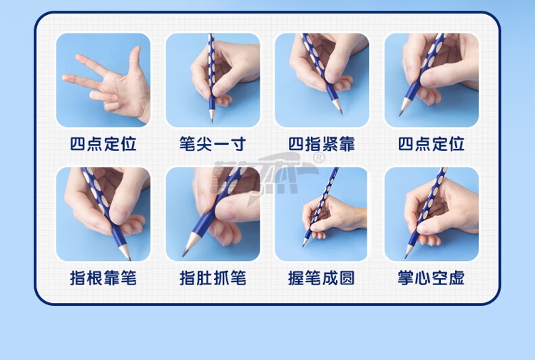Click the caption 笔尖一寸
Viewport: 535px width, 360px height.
click(x=213, y=144)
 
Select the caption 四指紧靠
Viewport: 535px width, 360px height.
click(x=322, y=144)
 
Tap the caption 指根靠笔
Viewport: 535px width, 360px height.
click(x=103, y=278)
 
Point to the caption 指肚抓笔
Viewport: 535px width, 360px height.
click(x=213, y=278)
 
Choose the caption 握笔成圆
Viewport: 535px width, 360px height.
click(x=322, y=278)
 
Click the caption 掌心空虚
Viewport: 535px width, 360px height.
click(x=431, y=278)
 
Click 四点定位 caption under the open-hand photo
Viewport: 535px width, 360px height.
click(x=103, y=144)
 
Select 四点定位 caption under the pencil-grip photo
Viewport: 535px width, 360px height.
click(x=431, y=144)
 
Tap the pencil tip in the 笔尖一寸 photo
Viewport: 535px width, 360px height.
click(x=213, y=121)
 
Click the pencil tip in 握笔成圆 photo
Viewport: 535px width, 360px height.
click(x=303, y=246)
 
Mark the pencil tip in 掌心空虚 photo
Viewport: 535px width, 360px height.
click(x=407, y=257)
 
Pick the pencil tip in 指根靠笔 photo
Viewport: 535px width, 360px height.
click(x=130, y=259)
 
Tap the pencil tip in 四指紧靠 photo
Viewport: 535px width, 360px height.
click(x=341, y=113)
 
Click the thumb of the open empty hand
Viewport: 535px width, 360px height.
click(x=135, y=58)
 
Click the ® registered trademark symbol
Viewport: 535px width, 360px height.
click(x=319, y=158)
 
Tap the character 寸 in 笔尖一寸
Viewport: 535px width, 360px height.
click(x=238, y=144)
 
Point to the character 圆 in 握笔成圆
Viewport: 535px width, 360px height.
click(x=347, y=278)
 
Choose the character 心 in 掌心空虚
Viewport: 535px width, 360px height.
click(x=422, y=278)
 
